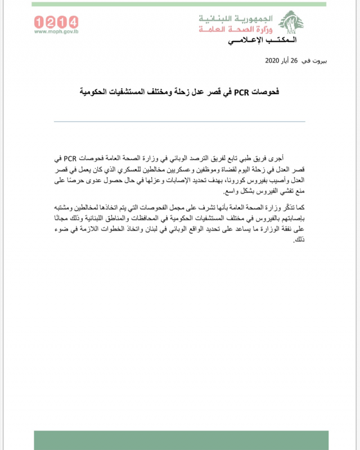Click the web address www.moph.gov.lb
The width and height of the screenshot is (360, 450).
56,31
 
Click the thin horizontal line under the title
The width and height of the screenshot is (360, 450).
180,121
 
